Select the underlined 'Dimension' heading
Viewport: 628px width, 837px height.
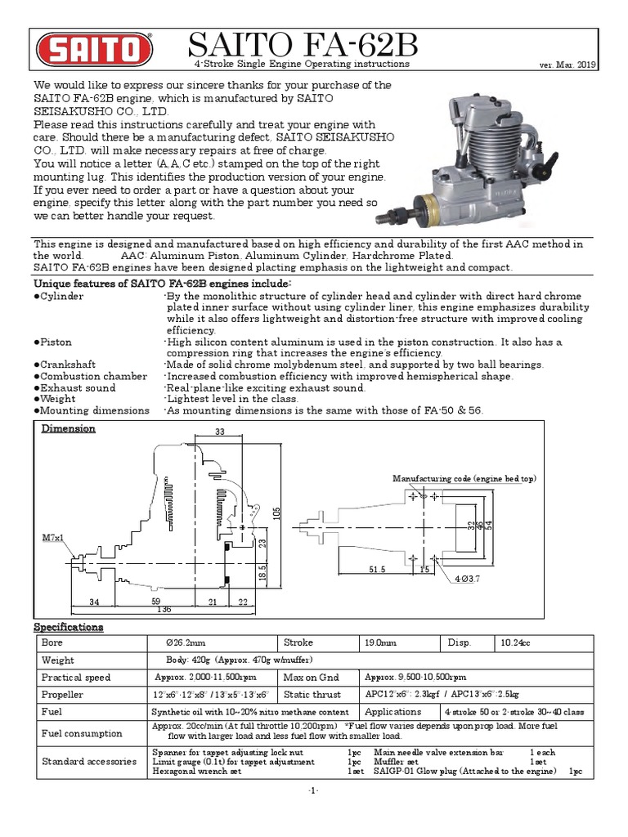(69, 428)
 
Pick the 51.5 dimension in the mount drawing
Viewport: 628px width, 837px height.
(378, 569)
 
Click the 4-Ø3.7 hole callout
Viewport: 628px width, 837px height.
(473, 580)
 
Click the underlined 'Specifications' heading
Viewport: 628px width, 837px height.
(68, 627)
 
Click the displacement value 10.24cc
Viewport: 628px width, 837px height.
(516, 643)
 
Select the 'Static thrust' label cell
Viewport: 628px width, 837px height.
(310, 694)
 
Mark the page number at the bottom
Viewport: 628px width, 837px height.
(314, 791)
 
